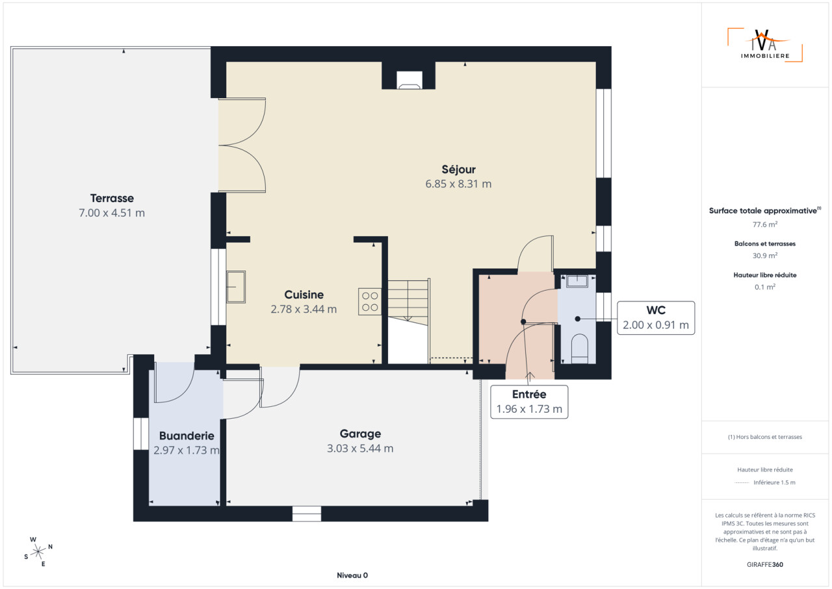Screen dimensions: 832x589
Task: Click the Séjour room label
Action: tap(458, 169)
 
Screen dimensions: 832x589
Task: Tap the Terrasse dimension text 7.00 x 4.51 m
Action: tap(112, 213)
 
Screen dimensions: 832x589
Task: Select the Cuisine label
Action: tap(304, 294)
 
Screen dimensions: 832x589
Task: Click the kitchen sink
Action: tap(236, 287)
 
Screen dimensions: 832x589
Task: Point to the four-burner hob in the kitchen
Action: tap(370, 302)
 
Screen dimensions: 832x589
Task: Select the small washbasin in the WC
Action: tap(577, 281)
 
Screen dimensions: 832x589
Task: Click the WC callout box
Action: tap(656, 318)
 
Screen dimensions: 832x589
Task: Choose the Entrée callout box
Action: tap(529, 402)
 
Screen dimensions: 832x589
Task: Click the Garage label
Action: tap(360, 434)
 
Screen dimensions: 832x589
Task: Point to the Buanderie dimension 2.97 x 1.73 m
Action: tap(187, 450)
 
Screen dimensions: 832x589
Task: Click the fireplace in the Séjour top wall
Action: tap(409, 80)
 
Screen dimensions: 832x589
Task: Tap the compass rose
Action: tap(38, 552)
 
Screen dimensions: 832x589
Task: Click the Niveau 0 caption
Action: tap(352, 575)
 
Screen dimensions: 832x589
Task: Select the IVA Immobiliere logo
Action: tap(765, 45)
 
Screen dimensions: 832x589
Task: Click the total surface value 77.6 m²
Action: tap(765, 224)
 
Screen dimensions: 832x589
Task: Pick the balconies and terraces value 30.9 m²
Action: tap(765, 255)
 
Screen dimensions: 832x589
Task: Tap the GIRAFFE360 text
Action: tap(765, 564)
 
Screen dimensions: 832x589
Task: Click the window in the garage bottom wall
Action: tap(306, 514)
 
